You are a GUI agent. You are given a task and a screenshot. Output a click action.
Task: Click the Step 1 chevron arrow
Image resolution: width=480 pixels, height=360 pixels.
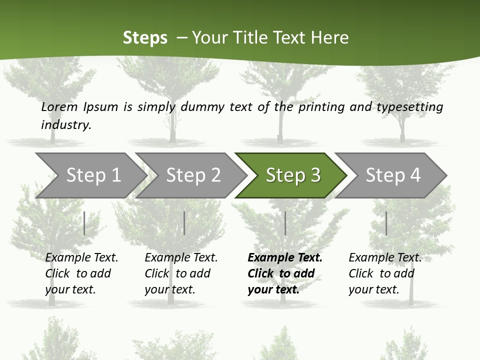[93, 175]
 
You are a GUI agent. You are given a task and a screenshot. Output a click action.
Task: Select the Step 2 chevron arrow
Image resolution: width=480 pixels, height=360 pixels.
[193, 175]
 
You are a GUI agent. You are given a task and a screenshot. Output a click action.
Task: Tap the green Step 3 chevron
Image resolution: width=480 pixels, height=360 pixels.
[292, 175]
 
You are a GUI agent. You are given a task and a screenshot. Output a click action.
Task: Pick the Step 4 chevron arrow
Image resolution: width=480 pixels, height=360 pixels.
[392, 175]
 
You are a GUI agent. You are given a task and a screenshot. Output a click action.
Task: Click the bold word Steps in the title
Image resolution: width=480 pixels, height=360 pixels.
[145, 37]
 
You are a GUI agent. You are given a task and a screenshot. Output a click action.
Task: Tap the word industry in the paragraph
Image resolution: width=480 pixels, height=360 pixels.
[66, 124]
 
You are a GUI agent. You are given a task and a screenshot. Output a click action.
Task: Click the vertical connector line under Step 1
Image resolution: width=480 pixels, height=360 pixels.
[84, 223]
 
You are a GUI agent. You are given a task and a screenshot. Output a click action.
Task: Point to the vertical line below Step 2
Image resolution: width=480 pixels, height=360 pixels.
[184, 223]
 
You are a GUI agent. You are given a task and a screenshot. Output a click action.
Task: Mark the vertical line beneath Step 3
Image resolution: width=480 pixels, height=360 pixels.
[285, 223]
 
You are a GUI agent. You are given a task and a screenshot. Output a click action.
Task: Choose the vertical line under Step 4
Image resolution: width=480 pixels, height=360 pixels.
[386, 223]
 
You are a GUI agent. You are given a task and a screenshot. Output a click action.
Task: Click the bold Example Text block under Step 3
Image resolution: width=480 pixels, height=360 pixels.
[285, 273]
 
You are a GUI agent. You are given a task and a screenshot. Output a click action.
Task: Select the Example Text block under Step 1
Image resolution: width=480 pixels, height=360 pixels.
[81, 273]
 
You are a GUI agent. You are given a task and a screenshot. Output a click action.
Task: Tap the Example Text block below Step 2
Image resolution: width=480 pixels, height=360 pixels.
[181, 273]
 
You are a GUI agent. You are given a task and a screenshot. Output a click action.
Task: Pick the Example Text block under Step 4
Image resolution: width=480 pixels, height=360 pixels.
[385, 273]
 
